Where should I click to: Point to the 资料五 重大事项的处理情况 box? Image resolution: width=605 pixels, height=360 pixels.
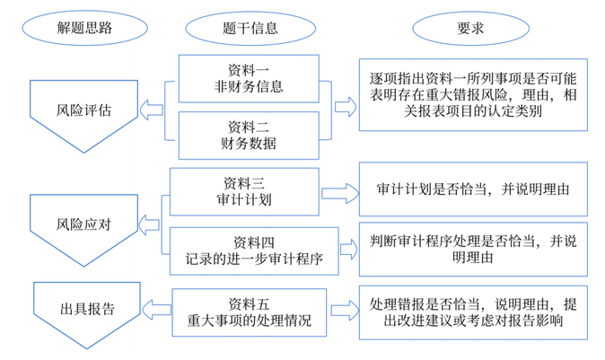249,311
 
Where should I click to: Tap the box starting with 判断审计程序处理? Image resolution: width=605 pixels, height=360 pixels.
471,250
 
